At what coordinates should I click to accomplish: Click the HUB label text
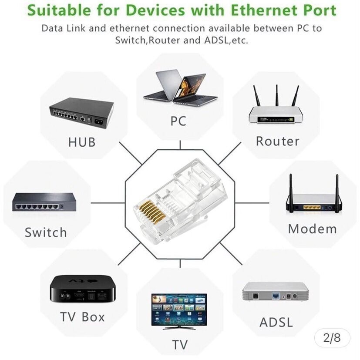(81, 142)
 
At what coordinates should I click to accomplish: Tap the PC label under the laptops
(178, 121)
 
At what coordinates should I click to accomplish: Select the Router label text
(277, 141)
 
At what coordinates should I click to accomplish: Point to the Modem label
(312, 229)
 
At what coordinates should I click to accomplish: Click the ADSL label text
(276, 322)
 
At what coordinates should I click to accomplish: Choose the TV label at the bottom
(179, 345)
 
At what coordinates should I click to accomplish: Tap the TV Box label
(82, 316)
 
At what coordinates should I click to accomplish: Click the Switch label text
(46, 232)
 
